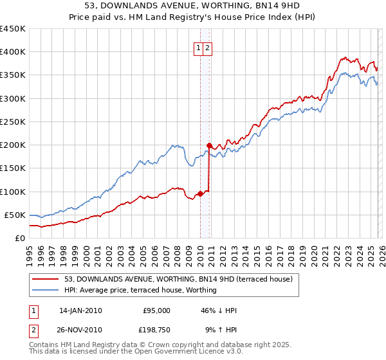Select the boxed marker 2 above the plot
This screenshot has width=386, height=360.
click(209, 47)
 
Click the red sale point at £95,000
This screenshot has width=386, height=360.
click(200, 194)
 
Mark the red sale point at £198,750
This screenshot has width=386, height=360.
click(210, 145)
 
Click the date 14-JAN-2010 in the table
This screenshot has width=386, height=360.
click(80, 310)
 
